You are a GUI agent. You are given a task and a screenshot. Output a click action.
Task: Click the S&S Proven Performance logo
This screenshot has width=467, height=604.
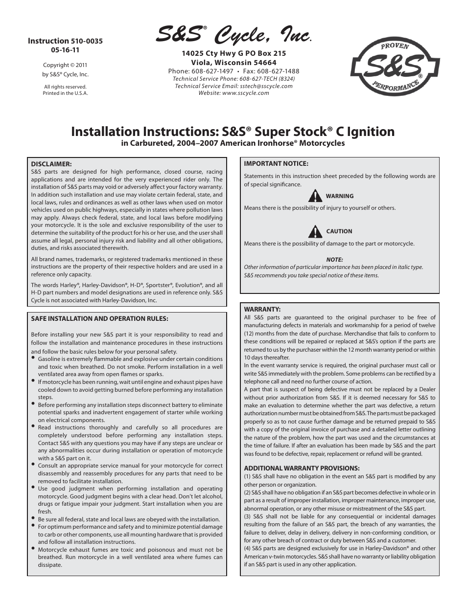click(395, 67)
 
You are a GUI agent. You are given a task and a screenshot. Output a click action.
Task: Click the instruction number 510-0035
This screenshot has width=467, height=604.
click(87, 42)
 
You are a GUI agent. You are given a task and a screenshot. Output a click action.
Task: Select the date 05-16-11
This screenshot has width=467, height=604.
click(65, 50)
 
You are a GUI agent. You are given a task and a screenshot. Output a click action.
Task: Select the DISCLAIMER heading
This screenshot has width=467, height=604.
click(51, 164)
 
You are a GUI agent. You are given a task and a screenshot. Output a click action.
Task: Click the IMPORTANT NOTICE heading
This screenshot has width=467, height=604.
click(276, 164)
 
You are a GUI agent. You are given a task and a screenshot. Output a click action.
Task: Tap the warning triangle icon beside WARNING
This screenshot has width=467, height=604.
click(315, 196)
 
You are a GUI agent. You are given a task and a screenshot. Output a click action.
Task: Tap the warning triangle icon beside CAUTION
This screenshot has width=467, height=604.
click(315, 231)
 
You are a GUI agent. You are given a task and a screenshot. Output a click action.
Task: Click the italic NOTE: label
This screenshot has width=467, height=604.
click(334, 260)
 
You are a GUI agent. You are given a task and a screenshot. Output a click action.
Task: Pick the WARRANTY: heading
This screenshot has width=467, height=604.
click(262, 309)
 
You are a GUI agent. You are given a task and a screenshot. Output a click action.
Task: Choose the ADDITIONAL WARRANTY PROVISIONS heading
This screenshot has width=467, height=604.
click(302, 468)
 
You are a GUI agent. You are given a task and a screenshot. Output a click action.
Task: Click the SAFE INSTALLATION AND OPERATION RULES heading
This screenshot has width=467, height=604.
click(99, 318)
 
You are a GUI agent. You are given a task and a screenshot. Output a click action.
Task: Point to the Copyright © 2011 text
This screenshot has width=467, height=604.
click(65, 65)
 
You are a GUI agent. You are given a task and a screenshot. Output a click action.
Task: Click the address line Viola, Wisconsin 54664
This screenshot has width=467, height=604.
click(233, 63)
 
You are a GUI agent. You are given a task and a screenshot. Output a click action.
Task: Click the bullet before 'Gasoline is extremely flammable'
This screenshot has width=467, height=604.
click(33, 358)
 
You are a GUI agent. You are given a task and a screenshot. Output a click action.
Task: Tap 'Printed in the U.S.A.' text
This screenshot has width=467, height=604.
click(65, 93)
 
